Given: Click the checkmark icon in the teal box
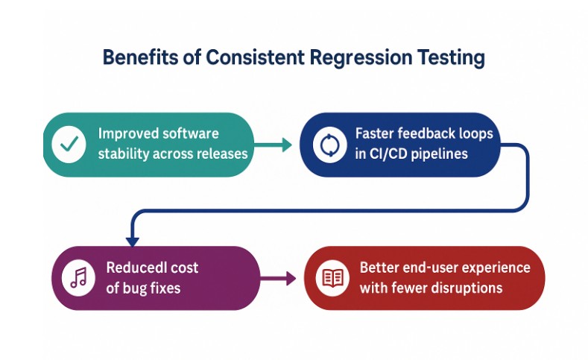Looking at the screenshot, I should (x=71, y=145).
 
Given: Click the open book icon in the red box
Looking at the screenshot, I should (x=332, y=278).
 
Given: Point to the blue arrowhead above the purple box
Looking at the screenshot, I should (x=133, y=239).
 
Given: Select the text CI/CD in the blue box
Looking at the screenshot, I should (x=390, y=154).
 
